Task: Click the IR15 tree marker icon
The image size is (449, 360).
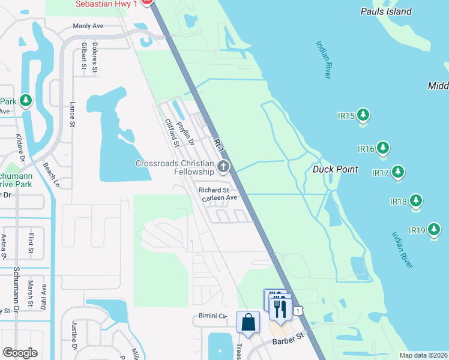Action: [x=363, y=115]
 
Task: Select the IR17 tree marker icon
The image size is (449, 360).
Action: [x=397, y=172]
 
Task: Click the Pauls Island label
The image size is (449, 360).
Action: [x=386, y=11]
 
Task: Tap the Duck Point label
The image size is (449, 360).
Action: [x=335, y=169]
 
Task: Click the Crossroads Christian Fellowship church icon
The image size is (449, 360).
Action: [x=223, y=167]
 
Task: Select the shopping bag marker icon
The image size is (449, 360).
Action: [x=248, y=322]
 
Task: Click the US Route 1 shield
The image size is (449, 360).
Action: [x=298, y=310]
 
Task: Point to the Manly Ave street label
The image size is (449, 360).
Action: [x=88, y=26]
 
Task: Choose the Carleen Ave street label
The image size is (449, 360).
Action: [x=220, y=197]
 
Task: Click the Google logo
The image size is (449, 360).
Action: [x=20, y=352]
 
